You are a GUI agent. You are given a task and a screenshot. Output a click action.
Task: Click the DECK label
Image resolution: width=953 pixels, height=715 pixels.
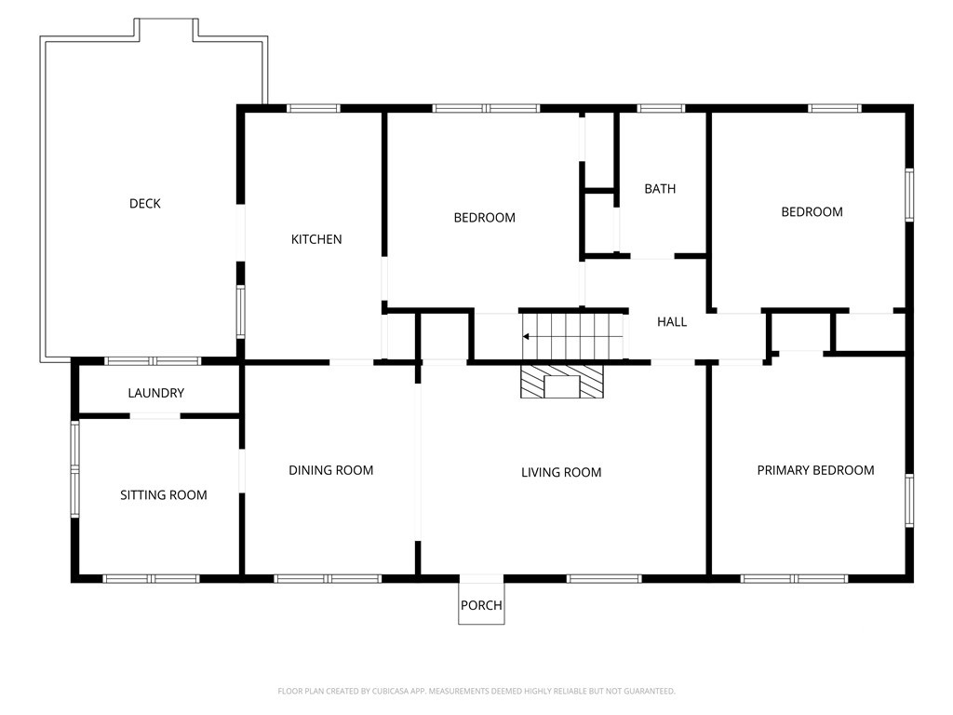[x=144, y=204]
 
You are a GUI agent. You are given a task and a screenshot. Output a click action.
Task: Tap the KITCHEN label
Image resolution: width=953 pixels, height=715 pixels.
[x=316, y=239]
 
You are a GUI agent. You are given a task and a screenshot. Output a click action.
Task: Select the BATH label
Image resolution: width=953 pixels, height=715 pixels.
[x=660, y=189]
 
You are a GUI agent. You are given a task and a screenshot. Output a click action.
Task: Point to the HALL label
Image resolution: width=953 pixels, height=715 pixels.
[x=672, y=321]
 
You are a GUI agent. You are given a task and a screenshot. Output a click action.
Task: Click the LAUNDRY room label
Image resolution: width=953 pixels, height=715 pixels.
[x=155, y=394]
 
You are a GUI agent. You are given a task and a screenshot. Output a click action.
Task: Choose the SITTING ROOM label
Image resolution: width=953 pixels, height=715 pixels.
[x=164, y=495]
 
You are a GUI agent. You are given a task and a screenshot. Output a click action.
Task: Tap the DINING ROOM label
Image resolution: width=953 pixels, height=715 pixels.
[x=330, y=470]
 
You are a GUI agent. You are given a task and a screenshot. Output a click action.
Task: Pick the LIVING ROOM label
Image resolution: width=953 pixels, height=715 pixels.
[x=561, y=472]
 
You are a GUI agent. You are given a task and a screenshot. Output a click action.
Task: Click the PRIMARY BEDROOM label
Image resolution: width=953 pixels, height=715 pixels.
[x=815, y=470]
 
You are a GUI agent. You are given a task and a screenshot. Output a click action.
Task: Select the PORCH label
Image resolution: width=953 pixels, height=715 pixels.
[x=481, y=605]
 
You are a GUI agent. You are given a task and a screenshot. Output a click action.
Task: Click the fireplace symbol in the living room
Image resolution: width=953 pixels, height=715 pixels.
[x=562, y=382]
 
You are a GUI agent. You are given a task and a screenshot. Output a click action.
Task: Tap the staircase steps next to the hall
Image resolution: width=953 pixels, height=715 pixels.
[x=572, y=336]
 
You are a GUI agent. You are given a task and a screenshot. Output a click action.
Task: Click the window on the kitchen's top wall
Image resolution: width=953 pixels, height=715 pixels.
[x=314, y=109]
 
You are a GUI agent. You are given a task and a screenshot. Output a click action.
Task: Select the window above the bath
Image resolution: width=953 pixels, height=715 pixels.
[x=662, y=109]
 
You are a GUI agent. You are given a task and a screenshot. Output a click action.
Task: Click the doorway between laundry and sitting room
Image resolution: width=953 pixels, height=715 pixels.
[x=155, y=416]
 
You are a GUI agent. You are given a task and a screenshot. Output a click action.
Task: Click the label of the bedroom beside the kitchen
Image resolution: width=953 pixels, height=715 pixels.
[x=484, y=218]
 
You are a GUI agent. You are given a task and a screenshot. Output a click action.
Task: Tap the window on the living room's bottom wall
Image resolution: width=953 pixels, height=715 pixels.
[x=604, y=579]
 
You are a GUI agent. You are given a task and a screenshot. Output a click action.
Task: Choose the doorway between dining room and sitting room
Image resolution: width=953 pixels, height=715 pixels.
[x=242, y=471]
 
